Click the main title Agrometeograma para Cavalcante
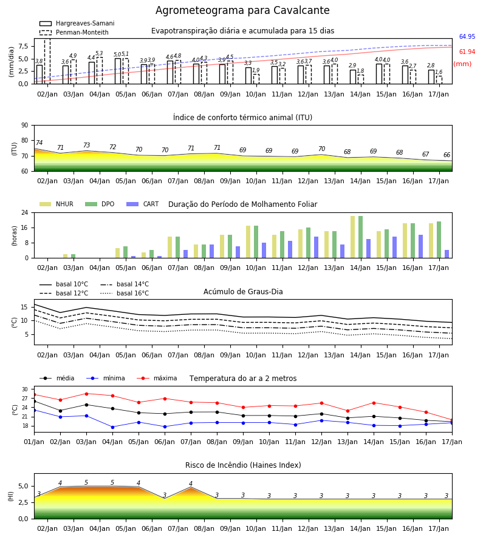point(242,10)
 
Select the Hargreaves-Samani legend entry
point(77,23)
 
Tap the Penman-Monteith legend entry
point(74,32)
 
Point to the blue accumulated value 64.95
point(467,36)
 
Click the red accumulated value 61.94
point(467,52)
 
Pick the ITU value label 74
point(39,143)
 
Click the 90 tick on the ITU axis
point(25,126)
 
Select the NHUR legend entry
point(56,204)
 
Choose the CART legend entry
point(143,204)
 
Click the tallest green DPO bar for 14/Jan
point(360,237)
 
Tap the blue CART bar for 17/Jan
point(447,254)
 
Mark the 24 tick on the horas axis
point(25,212)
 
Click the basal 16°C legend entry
point(125,293)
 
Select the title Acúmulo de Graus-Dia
point(243,291)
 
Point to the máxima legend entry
point(157,378)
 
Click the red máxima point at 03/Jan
point(86,394)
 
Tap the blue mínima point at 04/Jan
point(112,427)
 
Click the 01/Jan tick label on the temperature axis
point(34,442)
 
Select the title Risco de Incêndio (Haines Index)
point(243,465)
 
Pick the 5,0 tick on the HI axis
point(23,486)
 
